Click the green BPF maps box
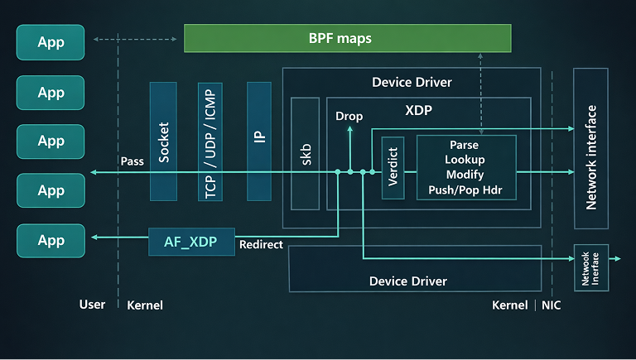click(347, 38)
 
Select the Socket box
click(163, 141)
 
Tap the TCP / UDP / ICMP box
click(210, 141)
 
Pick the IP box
click(260, 141)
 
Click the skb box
click(305, 153)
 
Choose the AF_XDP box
click(191, 242)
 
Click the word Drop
click(349, 117)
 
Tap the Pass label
click(132, 161)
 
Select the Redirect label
click(261, 245)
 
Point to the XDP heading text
click(419, 110)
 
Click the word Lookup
click(465, 160)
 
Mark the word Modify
click(465, 175)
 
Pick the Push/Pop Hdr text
click(465, 191)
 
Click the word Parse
click(465, 144)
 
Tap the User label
click(92, 305)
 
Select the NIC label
click(551, 305)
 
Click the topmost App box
click(51, 42)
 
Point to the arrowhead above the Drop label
click(349, 128)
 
